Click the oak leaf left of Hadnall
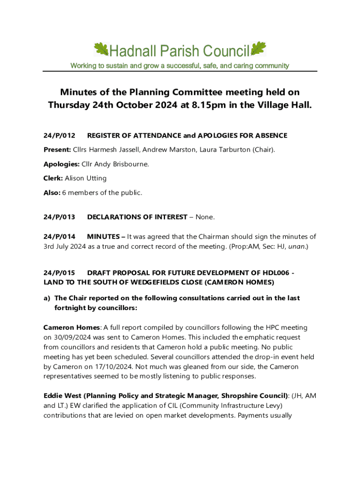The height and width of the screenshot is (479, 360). click(101, 49)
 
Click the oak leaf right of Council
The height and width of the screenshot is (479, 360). click(258, 49)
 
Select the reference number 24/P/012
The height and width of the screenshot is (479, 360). click(59, 136)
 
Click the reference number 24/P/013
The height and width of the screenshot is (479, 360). click(59, 217)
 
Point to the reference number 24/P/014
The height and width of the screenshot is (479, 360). click(59, 237)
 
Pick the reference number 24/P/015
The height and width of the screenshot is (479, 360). click(59, 272)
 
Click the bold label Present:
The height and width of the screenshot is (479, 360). click(58, 150)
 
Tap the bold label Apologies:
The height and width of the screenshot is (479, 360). click(61, 164)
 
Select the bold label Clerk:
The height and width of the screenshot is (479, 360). click(53, 178)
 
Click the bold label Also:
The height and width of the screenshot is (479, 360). click(52, 192)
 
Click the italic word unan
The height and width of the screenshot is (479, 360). click(296, 246)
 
